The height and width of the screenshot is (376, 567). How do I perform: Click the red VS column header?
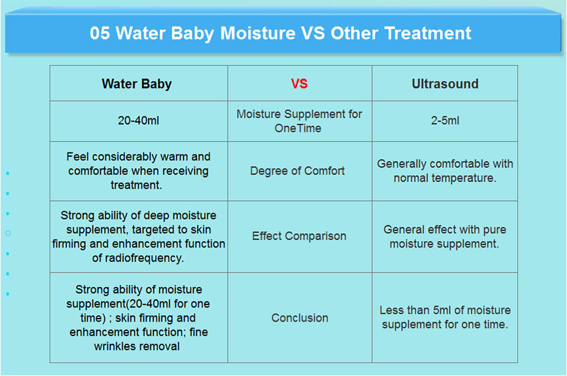(300, 84)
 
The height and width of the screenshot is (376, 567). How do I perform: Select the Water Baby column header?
(137, 84)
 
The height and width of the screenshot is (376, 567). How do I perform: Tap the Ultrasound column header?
(445, 84)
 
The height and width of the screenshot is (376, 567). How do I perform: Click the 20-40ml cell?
(138, 121)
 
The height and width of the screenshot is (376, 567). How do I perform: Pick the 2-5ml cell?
(445, 121)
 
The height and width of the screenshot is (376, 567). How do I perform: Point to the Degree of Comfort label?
(297, 171)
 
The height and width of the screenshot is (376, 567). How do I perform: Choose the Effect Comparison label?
(299, 236)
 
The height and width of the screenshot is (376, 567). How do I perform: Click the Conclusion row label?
(300, 318)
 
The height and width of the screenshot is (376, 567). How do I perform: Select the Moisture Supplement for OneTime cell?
(299, 121)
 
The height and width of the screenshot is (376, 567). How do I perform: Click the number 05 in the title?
(100, 34)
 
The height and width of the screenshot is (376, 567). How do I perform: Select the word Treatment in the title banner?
(428, 34)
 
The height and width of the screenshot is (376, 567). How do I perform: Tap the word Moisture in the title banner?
(258, 34)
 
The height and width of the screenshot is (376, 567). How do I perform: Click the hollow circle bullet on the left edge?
(8, 233)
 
